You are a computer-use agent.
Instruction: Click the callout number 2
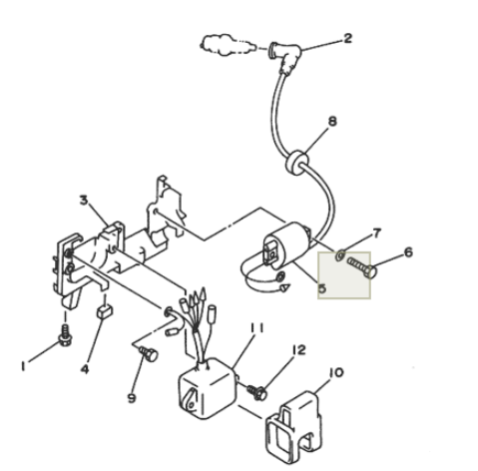[x=347, y=39]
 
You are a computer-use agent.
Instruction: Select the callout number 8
[x=332, y=122]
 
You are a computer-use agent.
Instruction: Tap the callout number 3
[x=84, y=201]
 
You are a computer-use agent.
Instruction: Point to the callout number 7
[x=376, y=234]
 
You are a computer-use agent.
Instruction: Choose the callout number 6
[x=408, y=252]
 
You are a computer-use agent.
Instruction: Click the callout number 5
[x=322, y=288]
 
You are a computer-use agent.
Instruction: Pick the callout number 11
[x=256, y=328]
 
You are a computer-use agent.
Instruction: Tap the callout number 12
[x=298, y=350]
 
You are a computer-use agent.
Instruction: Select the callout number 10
[x=335, y=372]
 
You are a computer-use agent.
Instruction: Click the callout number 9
[x=132, y=398]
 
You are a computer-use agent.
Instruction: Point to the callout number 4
[x=85, y=369]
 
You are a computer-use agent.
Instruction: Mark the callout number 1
[x=23, y=366]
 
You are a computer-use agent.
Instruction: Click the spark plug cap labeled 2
[x=284, y=57]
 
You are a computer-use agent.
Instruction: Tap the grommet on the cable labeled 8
[x=296, y=163]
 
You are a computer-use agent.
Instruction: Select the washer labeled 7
[x=340, y=255]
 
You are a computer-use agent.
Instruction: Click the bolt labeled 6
[x=362, y=267]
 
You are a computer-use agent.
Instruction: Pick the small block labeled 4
[x=105, y=311]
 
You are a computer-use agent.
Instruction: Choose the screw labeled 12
[x=257, y=392]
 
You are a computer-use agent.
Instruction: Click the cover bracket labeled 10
[x=294, y=422]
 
